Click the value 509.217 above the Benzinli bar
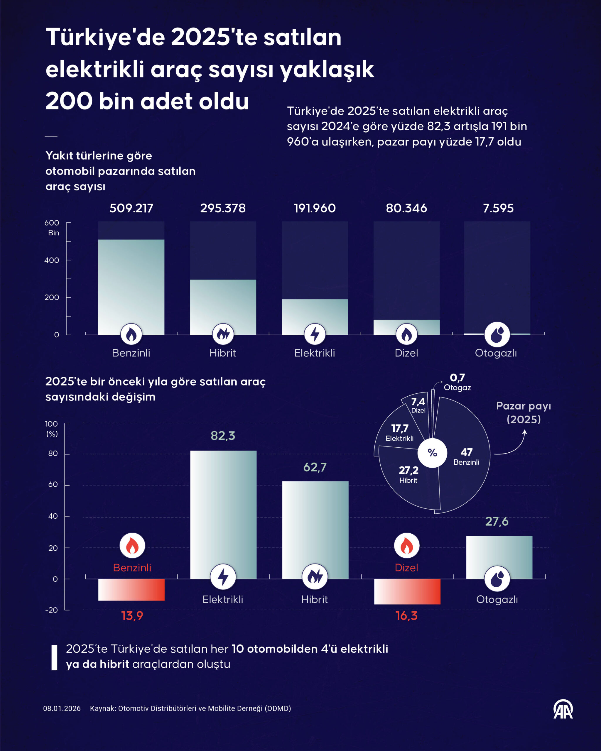[x=131, y=208]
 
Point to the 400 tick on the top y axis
[x=52, y=260]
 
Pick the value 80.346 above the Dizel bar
[x=406, y=208]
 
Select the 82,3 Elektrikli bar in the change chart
[x=223, y=505]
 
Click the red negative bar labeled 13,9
[x=131, y=590]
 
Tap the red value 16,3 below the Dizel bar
[x=406, y=616]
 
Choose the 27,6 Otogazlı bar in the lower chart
[x=499, y=554]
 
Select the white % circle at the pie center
[x=432, y=453]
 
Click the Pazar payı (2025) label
[x=523, y=412]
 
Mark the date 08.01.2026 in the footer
[x=62, y=708]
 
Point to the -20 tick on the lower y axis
[x=52, y=610]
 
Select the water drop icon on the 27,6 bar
[x=497, y=579]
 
